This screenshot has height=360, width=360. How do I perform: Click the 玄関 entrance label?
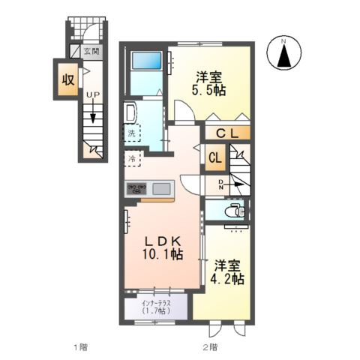pos(91,52)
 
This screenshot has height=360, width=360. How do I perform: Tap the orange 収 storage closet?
pos(68,79)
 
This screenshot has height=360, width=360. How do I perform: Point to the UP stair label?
pos(93,95)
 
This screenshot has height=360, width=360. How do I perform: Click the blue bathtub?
pos(146,60)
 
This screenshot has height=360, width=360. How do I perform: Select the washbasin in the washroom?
pos(130,112)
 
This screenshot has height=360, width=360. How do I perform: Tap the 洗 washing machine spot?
pos(132,133)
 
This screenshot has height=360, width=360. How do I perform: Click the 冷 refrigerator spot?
pos(132,158)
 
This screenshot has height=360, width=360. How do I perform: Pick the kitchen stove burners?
pos(136,189)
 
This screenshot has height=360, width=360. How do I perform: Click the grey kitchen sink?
pos(162,188)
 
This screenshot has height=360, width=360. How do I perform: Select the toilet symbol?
pos(235,211)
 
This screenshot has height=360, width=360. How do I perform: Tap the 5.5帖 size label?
pos(208,90)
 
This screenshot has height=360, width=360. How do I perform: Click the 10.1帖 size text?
pos(163,254)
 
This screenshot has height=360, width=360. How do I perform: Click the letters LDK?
pos(163,241)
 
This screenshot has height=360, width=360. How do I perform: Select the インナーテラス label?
pos(156,303)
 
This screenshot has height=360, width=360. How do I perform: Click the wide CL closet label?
pos(227,134)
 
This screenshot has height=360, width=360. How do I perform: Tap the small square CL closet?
pos(215,158)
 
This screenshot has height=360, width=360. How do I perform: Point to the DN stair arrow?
pos(235,184)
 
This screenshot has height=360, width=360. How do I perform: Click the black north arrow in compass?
pos(284,56)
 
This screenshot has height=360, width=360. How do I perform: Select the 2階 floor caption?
pos(210,347)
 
